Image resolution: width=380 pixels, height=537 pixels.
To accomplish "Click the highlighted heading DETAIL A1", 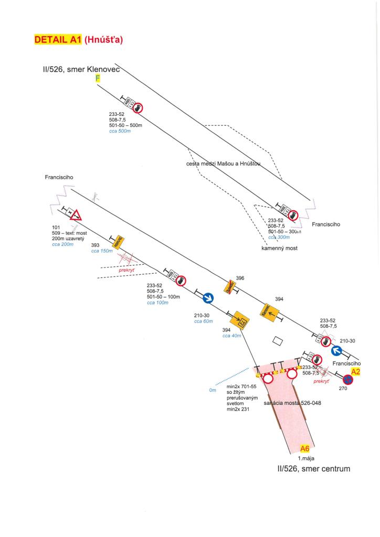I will pyautogui.click(x=58, y=39).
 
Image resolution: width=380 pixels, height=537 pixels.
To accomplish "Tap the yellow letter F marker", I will pyautogui.click(x=97, y=79).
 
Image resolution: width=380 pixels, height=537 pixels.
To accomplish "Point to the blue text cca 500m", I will pyautogui.click(x=119, y=131).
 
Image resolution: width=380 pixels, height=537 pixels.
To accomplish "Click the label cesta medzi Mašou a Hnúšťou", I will pyautogui.click(x=223, y=164).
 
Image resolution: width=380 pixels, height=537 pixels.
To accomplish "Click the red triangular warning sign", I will pyautogui.click(x=77, y=214).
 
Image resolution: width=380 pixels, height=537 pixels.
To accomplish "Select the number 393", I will pyautogui.click(x=96, y=245).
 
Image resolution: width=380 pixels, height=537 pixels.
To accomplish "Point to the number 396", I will pyautogui.click(x=240, y=277).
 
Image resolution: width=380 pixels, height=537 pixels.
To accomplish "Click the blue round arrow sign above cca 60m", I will pyautogui.click(x=207, y=298).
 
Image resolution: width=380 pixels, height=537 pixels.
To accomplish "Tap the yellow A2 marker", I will pyautogui.click(x=355, y=371).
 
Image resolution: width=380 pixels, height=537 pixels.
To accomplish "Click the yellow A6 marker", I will pyautogui.click(x=304, y=448).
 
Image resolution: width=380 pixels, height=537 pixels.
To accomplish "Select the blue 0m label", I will pyautogui.click(x=213, y=390).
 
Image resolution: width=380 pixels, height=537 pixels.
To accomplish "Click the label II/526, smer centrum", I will pyautogui.click(x=313, y=468).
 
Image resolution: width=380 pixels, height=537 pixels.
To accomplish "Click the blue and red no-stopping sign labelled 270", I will pyautogui.click(x=347, y=379).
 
